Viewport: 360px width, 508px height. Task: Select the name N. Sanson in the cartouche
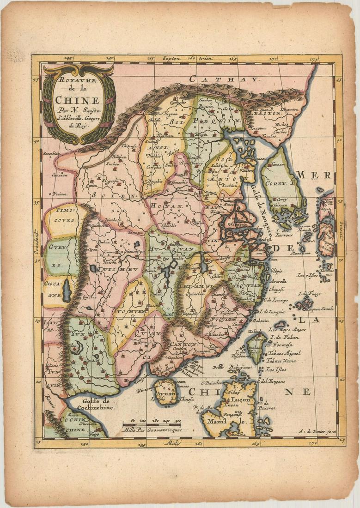79,109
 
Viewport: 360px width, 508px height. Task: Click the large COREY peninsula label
277,183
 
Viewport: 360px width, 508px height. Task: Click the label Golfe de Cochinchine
92,404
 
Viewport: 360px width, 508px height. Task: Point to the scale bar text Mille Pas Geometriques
150,429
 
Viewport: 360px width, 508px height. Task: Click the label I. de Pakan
283,337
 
